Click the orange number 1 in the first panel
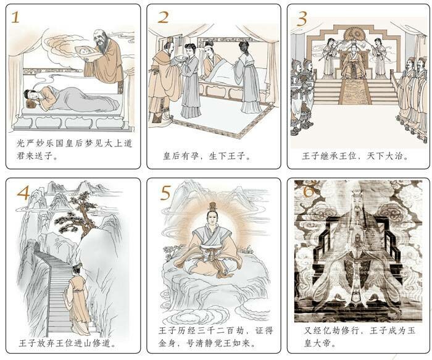click(x=15, y=17)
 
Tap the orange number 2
click(x=163, y=17)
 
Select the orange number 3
click(x=302, y=19)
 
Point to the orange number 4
click(x=23, y=193)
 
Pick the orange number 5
click(x=165, y=193)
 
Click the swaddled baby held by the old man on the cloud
click(x=86, y=52)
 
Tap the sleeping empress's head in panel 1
click(x=30, y=95)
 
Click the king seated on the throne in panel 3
click(x=353, y=64)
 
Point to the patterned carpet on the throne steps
click(x=355, y=92)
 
